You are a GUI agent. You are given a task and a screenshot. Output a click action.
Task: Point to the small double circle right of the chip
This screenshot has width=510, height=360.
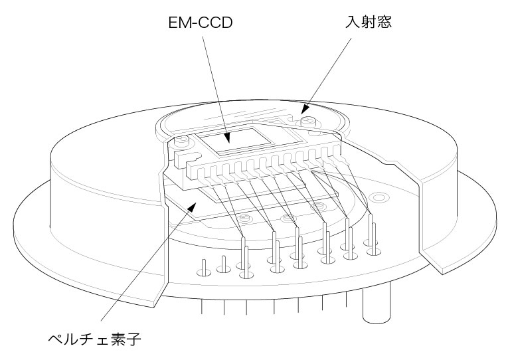click(x=380, y=197)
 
